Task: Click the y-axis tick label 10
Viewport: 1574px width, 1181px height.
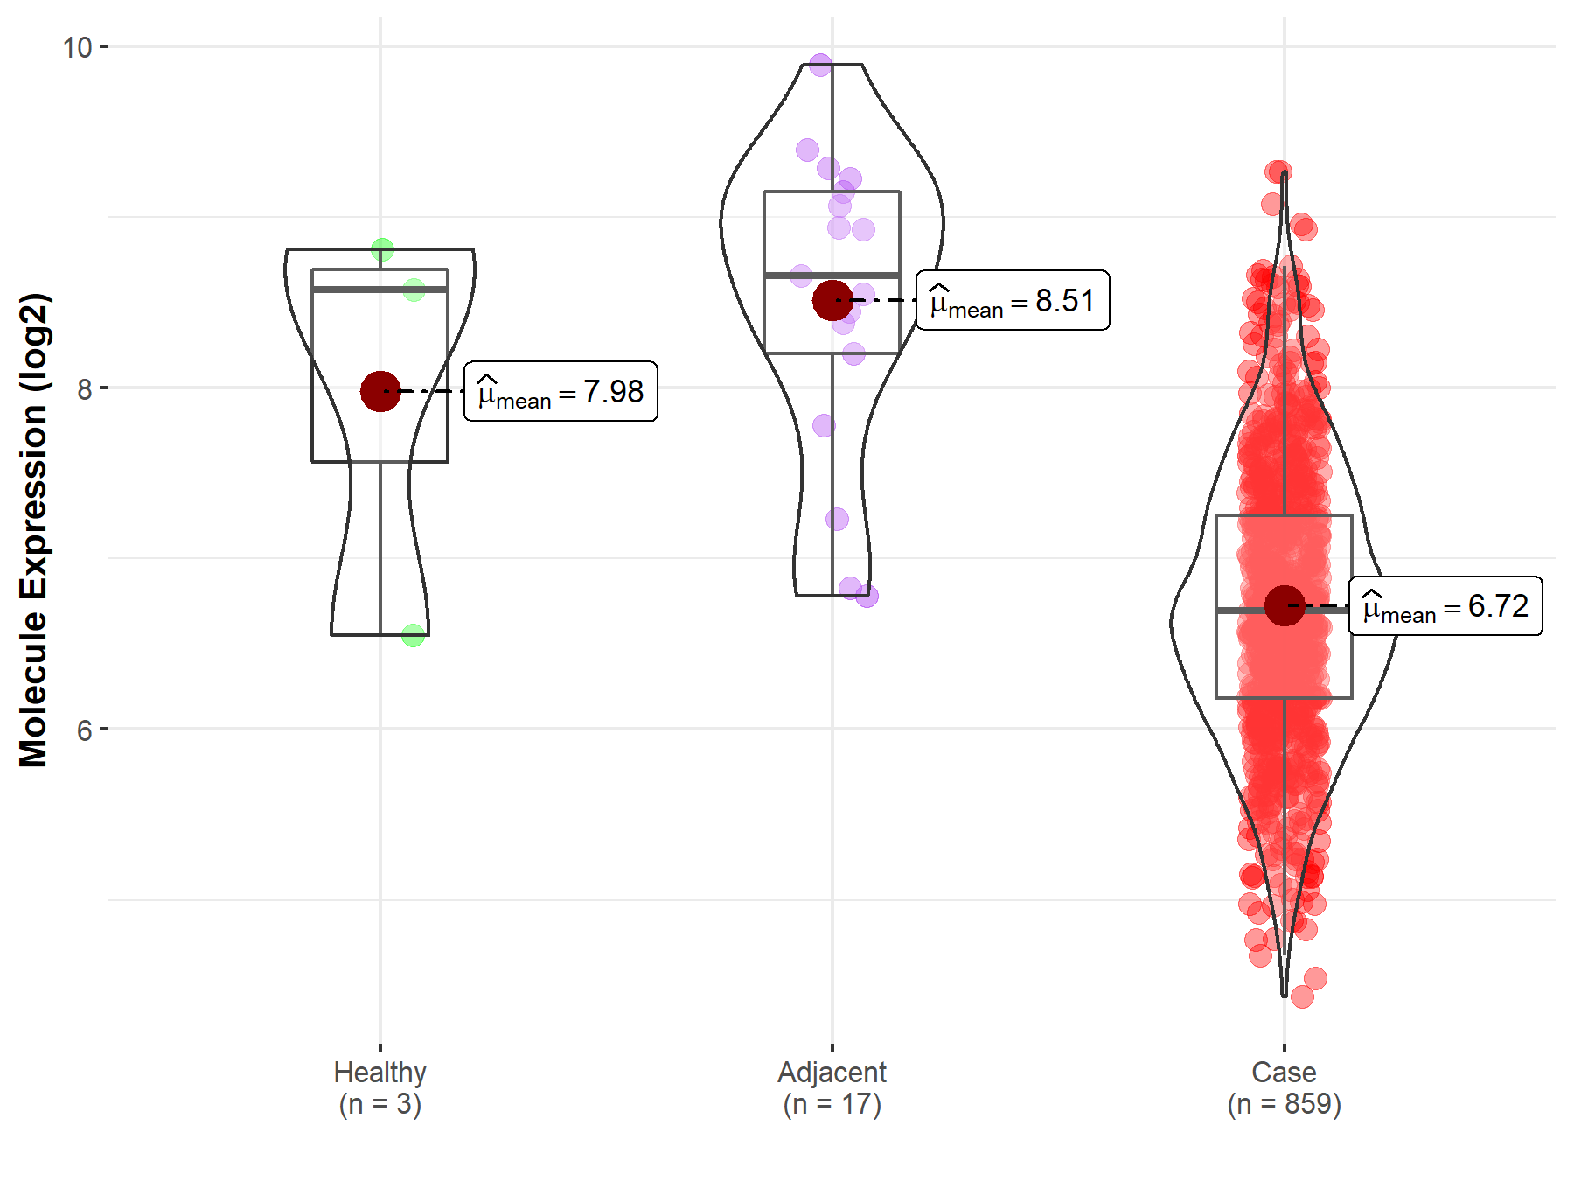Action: (77, 47)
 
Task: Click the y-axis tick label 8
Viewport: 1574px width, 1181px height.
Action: (84, 388)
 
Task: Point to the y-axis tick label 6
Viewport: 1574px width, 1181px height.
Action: (84, 730)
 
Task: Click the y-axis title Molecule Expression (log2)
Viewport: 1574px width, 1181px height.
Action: (33, 530)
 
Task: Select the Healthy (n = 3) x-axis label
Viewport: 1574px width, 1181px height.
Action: (380, 1087)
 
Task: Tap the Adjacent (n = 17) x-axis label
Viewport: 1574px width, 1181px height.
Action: (832, 1087)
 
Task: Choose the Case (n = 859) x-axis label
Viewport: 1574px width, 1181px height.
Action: (1284, 1087)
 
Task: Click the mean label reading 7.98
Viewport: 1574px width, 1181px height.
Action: (561, 392)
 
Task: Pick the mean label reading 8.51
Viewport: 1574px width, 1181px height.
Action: (1013, 301)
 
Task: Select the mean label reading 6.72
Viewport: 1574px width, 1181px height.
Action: (1445, 606)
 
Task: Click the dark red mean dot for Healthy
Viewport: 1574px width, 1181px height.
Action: (380, 391)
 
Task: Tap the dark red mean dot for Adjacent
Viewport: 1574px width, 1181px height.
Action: (832, 300)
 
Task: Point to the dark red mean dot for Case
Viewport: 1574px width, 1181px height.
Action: (1284, 606)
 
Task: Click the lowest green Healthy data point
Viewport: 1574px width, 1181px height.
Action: (413, 635)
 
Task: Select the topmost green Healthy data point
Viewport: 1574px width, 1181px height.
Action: (382, 251)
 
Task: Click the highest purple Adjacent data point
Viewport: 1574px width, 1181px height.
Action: (820, 65)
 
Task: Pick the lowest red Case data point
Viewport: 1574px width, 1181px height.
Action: (1302, 996)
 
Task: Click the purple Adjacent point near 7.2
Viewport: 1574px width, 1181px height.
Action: (837, 520)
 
